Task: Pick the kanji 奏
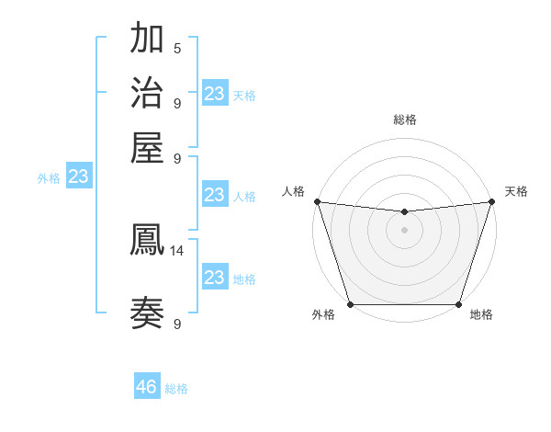tap(148, 313)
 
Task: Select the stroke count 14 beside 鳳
tap(177, 250)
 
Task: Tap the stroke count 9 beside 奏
tap(177, 324)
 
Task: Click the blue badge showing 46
tap(147, 387)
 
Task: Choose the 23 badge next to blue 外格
tap(79, 177)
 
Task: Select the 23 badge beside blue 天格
tap(215, 94)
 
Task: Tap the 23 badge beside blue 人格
tap(215, 195)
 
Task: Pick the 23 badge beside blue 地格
tap(215, 278)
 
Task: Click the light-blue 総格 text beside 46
tap(176, 389)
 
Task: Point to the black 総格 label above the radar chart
tap(404, 119)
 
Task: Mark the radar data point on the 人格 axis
tap(317, 201)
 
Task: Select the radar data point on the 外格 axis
tap(350, 304)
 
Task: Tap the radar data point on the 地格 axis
tap(458, 304)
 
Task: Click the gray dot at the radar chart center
tap(404, 230)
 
